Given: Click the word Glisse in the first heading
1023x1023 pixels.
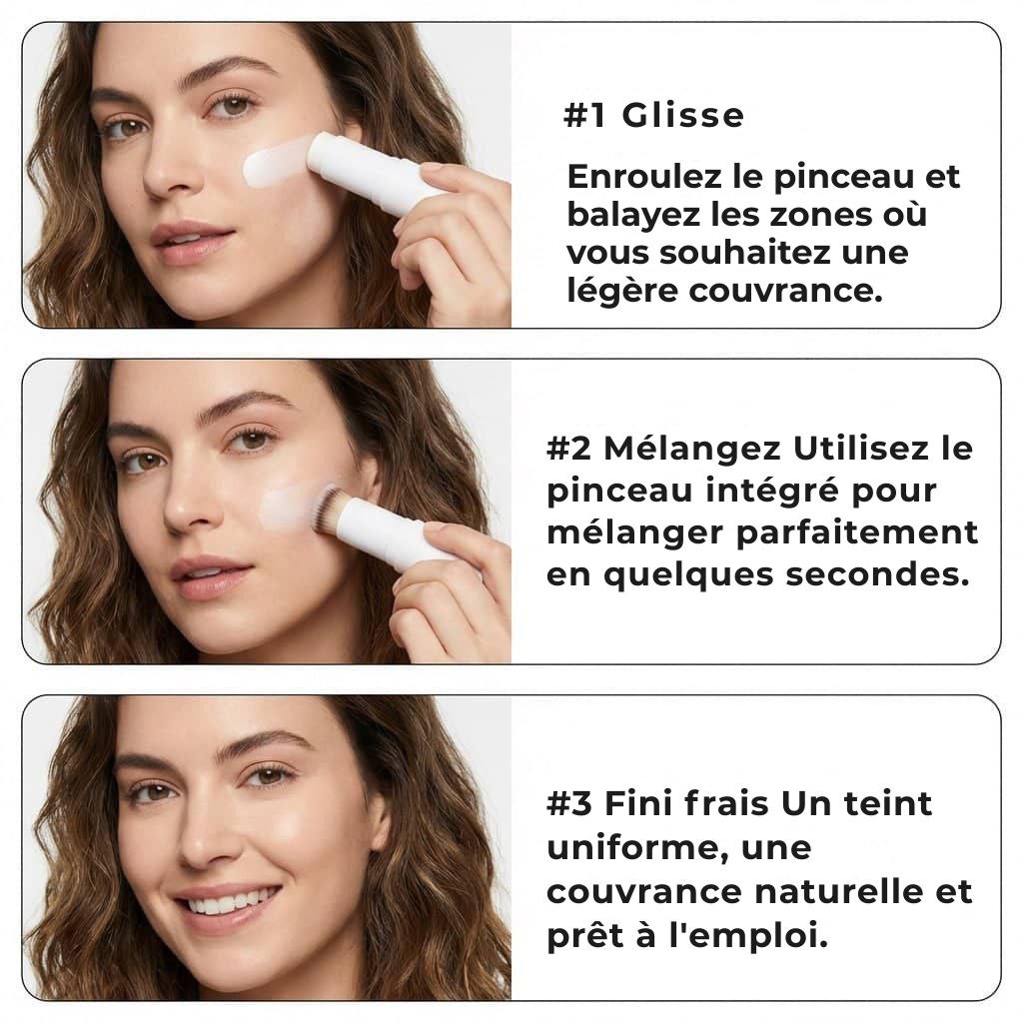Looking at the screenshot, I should (682, 116).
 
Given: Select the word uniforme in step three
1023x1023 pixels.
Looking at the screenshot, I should (628, 848).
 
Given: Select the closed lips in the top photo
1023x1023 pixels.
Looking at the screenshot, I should (192, 240).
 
